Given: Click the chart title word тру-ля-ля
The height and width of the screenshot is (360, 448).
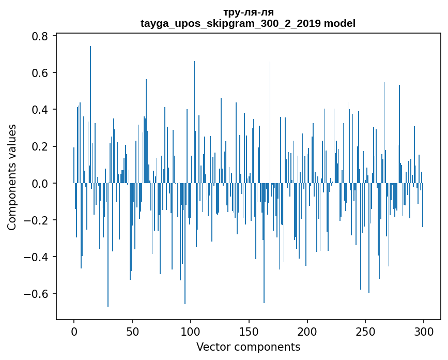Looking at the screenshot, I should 248,12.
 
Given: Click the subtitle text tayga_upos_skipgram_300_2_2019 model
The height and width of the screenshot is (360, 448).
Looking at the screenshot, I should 248,23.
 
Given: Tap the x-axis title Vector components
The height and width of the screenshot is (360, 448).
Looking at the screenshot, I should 248,347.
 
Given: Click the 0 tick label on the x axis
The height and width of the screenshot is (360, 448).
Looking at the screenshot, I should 74,331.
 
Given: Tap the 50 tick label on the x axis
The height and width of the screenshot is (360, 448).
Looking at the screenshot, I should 132,331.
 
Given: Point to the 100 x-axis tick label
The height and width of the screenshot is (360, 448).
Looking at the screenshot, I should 191,331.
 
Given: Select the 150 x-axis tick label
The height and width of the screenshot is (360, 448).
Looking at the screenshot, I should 249,331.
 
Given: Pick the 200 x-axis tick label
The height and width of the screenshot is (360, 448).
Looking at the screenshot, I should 307,331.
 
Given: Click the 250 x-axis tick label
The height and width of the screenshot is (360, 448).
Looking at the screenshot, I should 365,331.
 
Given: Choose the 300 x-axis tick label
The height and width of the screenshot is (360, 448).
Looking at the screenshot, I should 424,331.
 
